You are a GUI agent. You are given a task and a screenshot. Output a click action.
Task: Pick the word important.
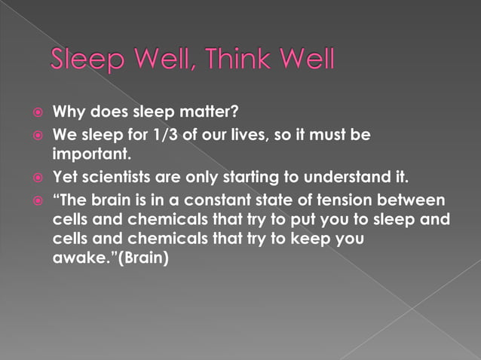point(92,154)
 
